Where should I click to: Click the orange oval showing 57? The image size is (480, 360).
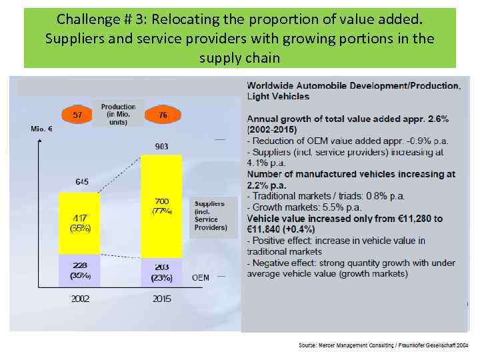coord(78,115)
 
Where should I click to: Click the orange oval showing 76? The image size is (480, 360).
coord(163,115)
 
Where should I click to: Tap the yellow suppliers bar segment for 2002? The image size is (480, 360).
coord(79,223)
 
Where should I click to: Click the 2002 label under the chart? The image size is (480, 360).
coord(80,299)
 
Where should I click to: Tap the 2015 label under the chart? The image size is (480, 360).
coord(161,299)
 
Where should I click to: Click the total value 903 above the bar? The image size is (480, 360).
coord(161,146)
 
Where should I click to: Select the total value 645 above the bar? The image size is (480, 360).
coord(81,182)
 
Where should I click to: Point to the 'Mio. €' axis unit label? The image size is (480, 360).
coord(41,128)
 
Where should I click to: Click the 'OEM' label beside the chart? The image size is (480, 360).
coord(201,277)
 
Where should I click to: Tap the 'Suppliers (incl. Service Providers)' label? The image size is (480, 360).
coord(210,215)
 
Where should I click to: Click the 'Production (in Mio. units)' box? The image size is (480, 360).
coord(118,115)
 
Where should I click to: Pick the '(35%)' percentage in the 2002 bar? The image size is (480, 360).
coord(80,275)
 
